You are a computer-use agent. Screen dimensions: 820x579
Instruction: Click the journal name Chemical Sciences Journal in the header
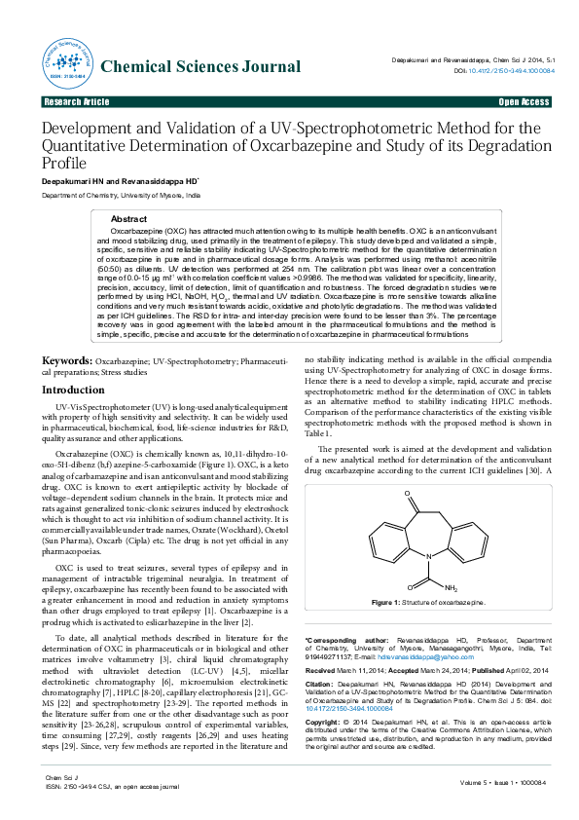(x=200, y=67)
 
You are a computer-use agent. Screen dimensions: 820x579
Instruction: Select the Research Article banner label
(x=77, y=101)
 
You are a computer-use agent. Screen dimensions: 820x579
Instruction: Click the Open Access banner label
(x=525, y=101)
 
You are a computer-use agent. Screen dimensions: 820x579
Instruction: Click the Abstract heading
(x=128, y=219)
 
